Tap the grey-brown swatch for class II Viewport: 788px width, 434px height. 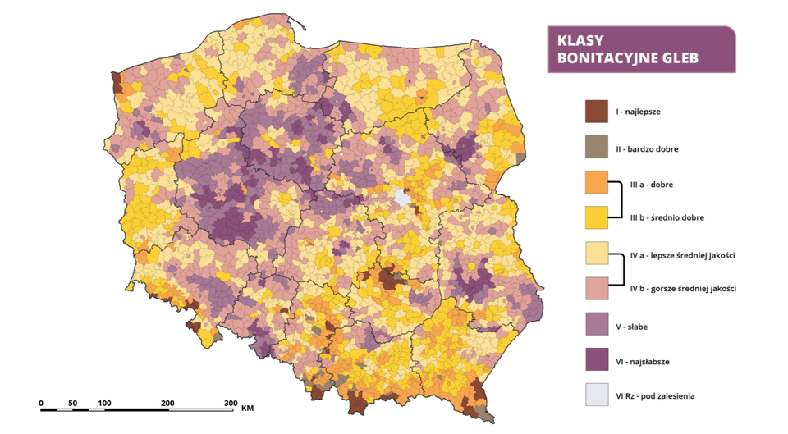click(x=596, y=148)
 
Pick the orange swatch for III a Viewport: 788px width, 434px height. click(x=596, y=182)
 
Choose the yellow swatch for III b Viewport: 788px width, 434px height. click(x=596, y=217)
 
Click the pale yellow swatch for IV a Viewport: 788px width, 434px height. click(x=596, y=254)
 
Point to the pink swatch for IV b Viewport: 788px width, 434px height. click(x=596, y=288)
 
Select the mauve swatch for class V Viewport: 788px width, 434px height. click(x=596, y=325)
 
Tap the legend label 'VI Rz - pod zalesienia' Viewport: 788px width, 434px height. click(x=662, y=395)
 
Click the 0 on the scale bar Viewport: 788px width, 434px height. click(x=41, y=403)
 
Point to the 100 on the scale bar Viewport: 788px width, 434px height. click(x=104, y=403)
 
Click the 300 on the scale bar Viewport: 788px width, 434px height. click(x=230, y=403)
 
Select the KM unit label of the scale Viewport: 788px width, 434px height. click(x=248, y=406)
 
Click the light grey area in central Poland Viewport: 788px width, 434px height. click(x=403, y=198)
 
